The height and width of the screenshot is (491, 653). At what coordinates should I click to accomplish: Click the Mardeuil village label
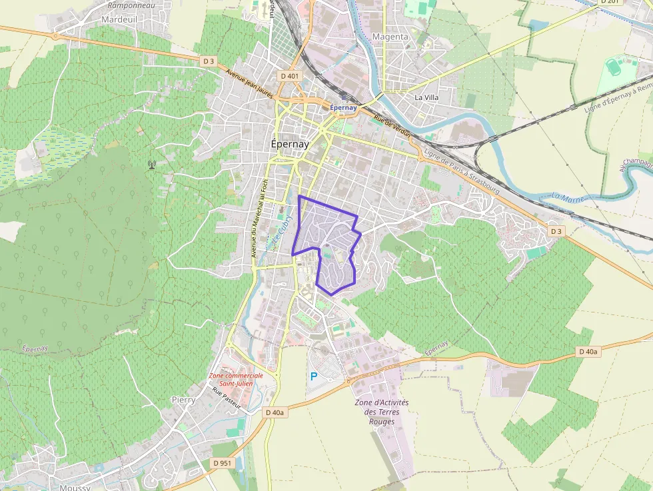coord(119,20)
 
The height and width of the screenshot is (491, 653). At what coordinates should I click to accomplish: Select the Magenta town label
coord(390,37)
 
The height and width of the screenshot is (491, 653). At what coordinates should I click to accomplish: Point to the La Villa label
coord(426,97)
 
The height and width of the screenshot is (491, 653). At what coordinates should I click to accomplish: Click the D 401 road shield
coord(291,76)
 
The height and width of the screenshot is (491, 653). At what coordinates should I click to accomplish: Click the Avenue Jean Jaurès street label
coord(250,85)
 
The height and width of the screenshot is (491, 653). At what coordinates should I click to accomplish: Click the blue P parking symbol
coord(313,376)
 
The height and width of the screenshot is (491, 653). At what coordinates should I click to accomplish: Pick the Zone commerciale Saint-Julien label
coord(236,379)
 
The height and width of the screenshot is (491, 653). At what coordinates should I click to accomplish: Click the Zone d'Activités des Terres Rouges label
coord(382,412)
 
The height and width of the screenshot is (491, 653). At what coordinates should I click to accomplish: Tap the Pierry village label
coord(183,400)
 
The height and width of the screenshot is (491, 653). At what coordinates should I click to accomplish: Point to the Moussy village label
coord(75,487)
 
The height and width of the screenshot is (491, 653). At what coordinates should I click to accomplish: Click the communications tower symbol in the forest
coord(152,164)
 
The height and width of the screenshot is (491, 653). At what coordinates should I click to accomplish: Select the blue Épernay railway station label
coord(344,107)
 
